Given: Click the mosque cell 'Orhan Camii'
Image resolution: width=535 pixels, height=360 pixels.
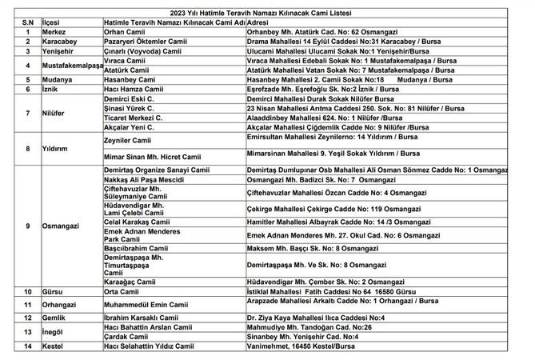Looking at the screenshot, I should click(x=126, y=32).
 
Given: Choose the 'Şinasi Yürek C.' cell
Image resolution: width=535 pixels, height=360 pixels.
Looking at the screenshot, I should click(x=132, y=106).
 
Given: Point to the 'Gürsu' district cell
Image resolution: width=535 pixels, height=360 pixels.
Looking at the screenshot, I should click(x=53, y=292).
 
